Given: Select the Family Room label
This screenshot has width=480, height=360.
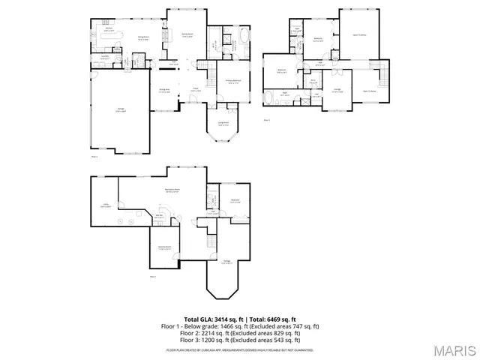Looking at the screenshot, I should tap(187, 34).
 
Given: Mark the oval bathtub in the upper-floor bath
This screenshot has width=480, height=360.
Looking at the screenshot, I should tap(272, 98).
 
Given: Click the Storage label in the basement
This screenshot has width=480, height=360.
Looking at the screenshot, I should tap(226, 262).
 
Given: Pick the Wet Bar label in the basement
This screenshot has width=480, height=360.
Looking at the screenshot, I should tap(160, 216).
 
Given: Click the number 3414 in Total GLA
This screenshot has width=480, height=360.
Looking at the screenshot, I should tap(223, 319).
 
